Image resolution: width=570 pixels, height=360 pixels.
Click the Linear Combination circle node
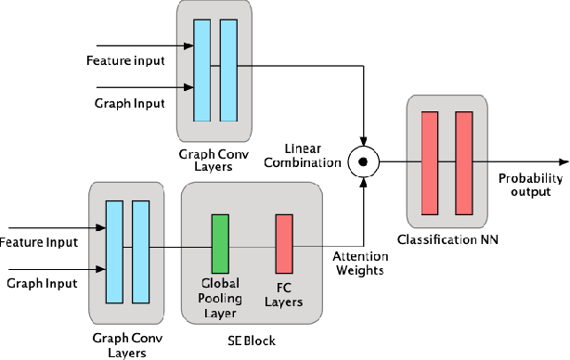(364, 161)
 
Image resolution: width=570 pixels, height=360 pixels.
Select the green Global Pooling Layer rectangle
(220, 240)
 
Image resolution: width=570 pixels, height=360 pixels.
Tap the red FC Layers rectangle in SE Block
(284, 240)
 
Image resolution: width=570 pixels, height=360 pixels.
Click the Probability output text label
(529, 184)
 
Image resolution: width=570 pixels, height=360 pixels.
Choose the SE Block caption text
(251, 341)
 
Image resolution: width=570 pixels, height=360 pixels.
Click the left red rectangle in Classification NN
(429, 161)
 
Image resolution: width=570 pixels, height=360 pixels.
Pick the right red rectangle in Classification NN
(463, 161)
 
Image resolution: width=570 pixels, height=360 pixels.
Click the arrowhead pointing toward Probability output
(563, 161)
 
